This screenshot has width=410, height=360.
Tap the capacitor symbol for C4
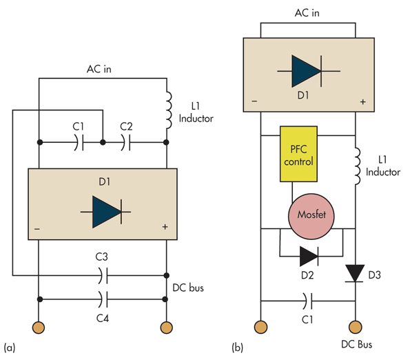click(x=102, y=299)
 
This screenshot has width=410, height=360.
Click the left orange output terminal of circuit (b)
click(x=260, y=326)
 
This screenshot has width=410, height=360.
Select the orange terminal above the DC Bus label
click(x=355, y=326)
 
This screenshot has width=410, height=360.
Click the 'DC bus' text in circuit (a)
click(x=189, y=287)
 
